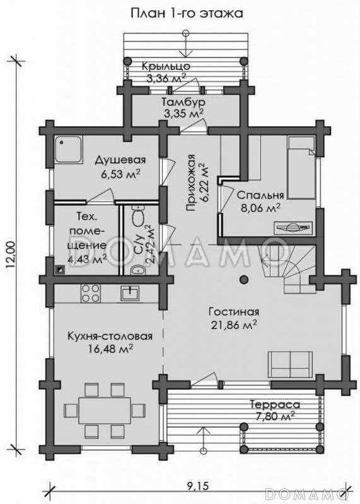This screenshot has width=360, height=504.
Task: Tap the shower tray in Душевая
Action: tap(67, 149)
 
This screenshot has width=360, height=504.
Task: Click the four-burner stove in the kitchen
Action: tap(91, 294)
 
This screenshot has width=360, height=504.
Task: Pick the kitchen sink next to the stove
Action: tap(130, 293)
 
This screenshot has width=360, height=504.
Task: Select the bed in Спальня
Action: tap(301, 168)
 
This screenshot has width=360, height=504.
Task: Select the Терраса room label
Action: tap(275, 404)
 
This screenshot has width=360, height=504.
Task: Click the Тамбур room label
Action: tap(183, 102)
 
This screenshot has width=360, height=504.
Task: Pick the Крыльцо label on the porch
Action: tap(166, 66)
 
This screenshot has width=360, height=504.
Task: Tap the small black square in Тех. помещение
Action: tap(60, 270)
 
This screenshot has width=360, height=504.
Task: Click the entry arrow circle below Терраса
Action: tap(202, 449)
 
